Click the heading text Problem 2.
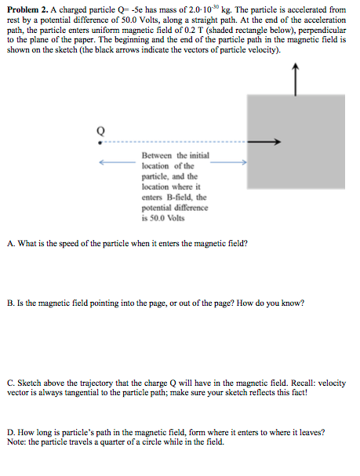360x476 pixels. (x=26, y=8)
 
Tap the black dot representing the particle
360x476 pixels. (x=99, y=142)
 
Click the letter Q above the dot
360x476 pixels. (x=100, y=130)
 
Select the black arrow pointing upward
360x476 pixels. (x=295, y=78)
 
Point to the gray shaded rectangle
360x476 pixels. (x=296, y=153)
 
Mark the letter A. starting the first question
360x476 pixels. (x=10, y=243)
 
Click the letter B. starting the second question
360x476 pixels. (x=10, y=303)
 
